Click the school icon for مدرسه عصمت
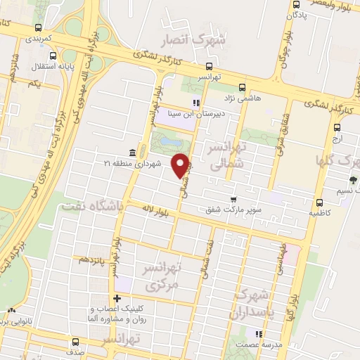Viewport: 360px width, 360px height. [x=258, y=333]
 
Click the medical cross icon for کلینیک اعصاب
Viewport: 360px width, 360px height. [x=117, y=300]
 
